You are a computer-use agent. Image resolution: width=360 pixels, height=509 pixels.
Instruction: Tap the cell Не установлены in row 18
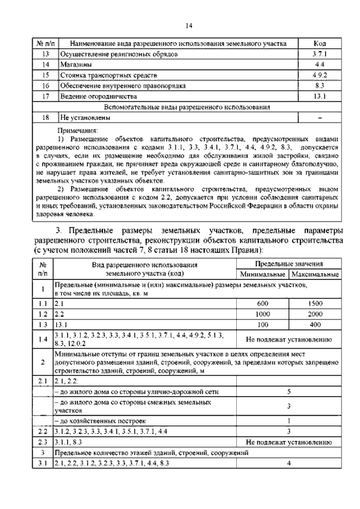[x=85, y=118]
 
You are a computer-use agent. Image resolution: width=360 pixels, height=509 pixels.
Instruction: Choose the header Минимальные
[x=262, y=274]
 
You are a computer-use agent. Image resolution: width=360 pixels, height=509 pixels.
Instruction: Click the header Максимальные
[x=314, y=274]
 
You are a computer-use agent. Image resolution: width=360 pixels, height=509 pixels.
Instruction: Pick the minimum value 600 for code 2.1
[x=262, y=303]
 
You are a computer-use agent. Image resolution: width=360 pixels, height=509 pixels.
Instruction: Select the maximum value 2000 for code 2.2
[x=314, y=314]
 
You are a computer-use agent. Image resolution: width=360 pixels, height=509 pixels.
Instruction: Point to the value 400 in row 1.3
[x=314, y=325]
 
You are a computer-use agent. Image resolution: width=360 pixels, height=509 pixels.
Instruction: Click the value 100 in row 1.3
[x=262, y=325]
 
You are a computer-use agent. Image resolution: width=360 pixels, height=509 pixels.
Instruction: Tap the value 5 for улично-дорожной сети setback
[x=288, y=391]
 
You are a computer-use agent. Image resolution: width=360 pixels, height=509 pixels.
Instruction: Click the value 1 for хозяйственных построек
[x=288, y=420]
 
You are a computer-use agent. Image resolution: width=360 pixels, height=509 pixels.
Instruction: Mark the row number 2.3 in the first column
[x=42, y=442]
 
